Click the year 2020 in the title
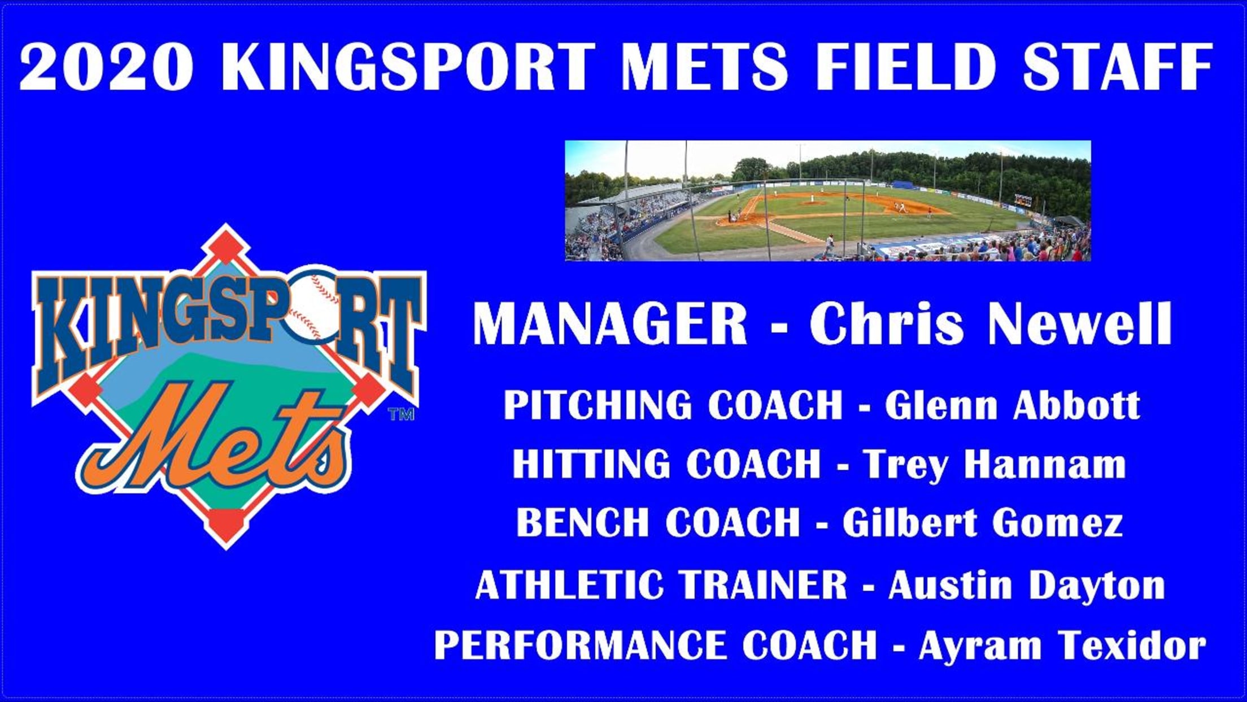tap(106, 66)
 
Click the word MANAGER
tap(610, 324)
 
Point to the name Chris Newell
tap(991, 323)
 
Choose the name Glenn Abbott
tap(1012, 405)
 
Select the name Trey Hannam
tap(994, 465)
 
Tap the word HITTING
tap(591, 464)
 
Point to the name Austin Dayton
tap(1026, 586)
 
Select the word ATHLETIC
tap(569, 584)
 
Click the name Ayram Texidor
tap(1062, 645)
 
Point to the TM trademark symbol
tap(401, 414)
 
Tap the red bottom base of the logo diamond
tap(226, 525)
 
